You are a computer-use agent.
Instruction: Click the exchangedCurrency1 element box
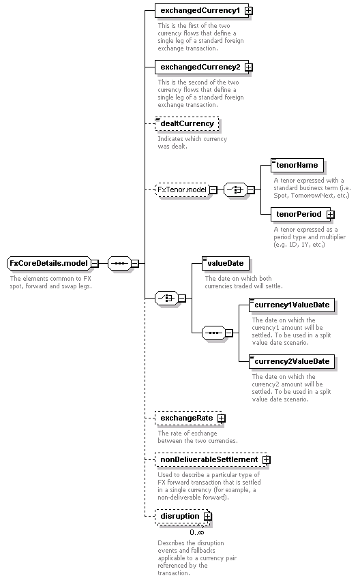pyautogui.click(x=202, y=11)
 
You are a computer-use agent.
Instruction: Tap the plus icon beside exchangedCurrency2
pyautogui.click(x=249, y=67)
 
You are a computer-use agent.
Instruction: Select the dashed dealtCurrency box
pyautogui.click(x=187, y=123)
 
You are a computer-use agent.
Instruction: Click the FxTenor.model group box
pyautogui.click(x=182, y=189)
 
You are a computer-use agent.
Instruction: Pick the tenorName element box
pyautogui.click(x=297, y=166)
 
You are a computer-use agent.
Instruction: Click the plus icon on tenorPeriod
pyautogui.click(x=331, y=215)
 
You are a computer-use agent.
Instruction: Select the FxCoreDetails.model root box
pyautogui.click(x=49, y=263)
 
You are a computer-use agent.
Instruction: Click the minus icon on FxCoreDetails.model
pyautogui.click(x=95, y=263)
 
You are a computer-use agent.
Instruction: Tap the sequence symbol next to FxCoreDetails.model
pyautogui.click(x=119, y=263)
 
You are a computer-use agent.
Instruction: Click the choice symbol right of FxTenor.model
pyautogui.click(x=236, y=189)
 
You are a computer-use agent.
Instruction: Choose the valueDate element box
pyautogui.click(x=226, y=263)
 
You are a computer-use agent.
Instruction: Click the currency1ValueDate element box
pyautogui.click(x=292, y=305)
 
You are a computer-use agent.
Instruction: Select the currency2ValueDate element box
pyautogui.click(x=292, y=361)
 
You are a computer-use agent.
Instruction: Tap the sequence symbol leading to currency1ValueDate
pyautogui.click(x=214, y=333)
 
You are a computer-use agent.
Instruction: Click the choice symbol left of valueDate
pyautogui.click(x=166, y=298)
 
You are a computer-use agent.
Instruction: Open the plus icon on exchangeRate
pyautogui.click(x=222, y=418)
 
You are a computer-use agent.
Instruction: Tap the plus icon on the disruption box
pyautogui.click(x=208, y=517)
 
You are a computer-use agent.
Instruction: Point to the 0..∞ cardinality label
pyautogui.click(x=197, y=533)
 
